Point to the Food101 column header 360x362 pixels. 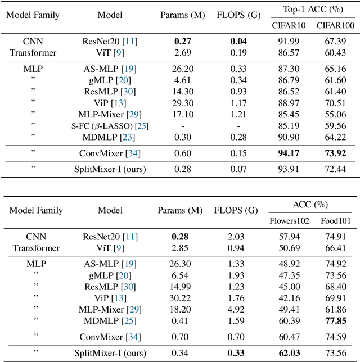336,220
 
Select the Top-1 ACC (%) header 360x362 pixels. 311,10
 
